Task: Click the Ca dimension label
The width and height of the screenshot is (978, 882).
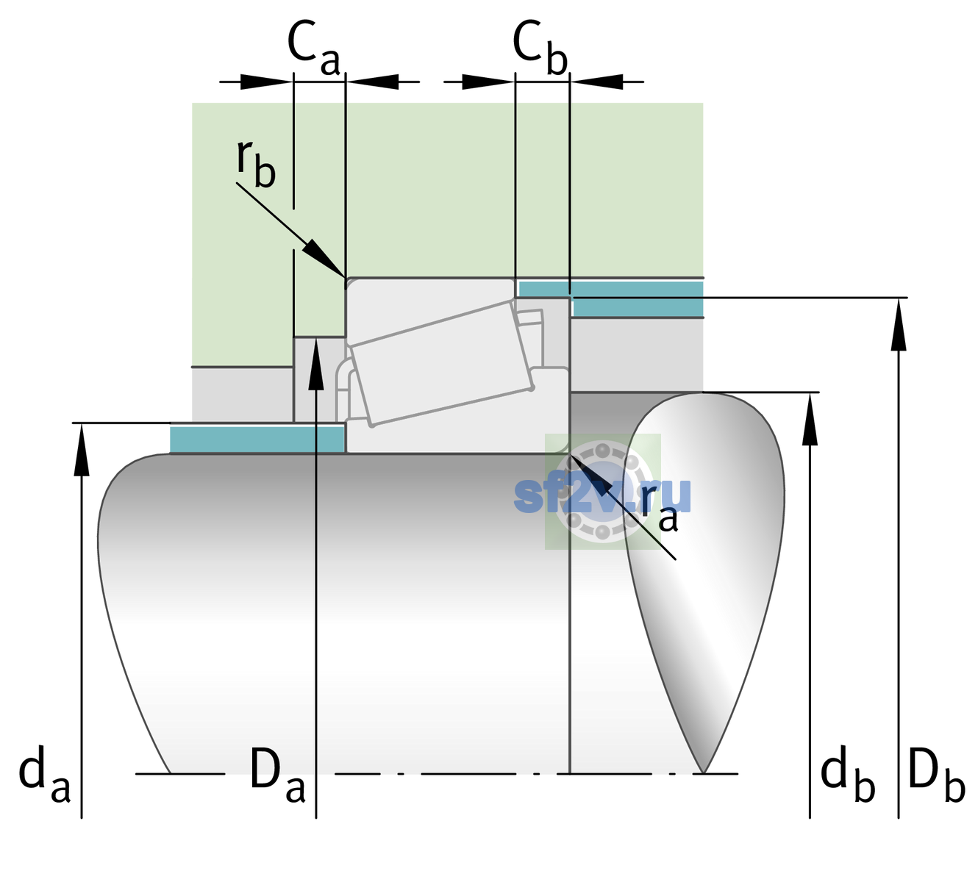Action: [313, 49]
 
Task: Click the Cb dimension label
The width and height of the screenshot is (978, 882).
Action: [540, 49]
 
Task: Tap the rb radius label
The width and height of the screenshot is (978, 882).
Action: [256, 163]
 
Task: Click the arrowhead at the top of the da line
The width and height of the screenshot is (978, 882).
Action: [82, 448]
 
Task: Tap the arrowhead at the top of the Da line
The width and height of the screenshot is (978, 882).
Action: [316, 363]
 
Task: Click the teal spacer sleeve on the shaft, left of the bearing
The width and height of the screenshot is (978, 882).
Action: [257, 439]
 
